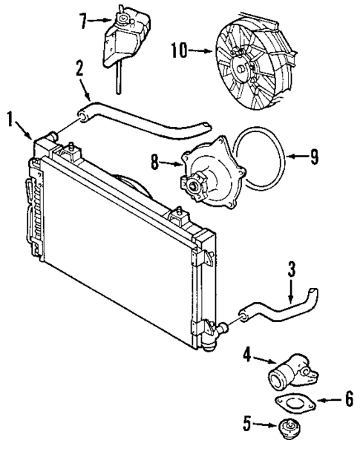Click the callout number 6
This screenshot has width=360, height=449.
click(349, 399)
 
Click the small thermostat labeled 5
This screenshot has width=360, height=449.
click(286, 429)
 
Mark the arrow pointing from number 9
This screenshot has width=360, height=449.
click(296, 157)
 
